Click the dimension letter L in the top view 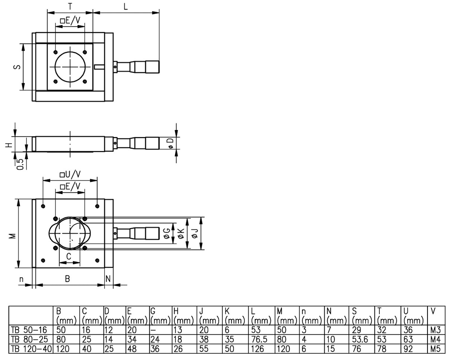coord(126,6)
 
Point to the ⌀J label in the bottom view coord(194,233)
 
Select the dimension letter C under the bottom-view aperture coord(68,256)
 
